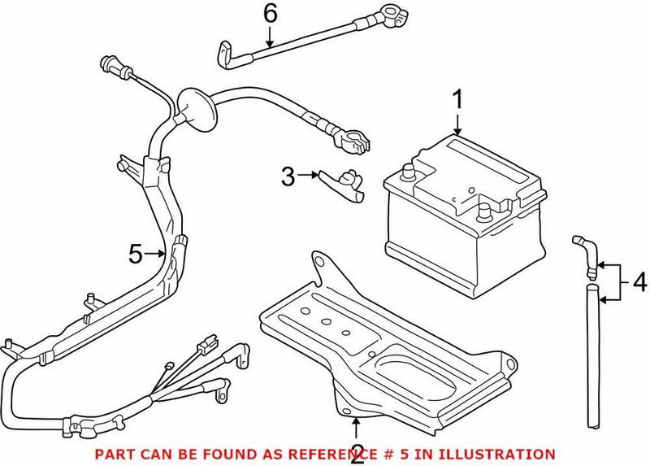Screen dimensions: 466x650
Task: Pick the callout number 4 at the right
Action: click(x=640, y=283)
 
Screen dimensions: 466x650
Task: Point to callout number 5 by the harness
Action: click(x=136, y=255)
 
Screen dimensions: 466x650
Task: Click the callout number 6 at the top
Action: click(x=271, y=14)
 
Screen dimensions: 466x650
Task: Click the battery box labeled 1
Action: click(x=463, y=216)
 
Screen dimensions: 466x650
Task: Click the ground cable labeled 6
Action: click(x=276, y=50)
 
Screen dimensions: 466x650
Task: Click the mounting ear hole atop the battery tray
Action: click(x=321, y=262)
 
